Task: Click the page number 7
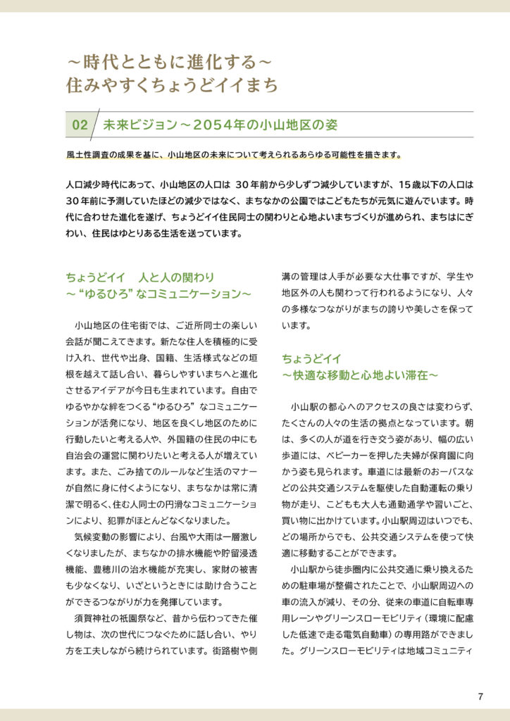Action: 480,697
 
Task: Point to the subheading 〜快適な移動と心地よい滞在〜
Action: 361,375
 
